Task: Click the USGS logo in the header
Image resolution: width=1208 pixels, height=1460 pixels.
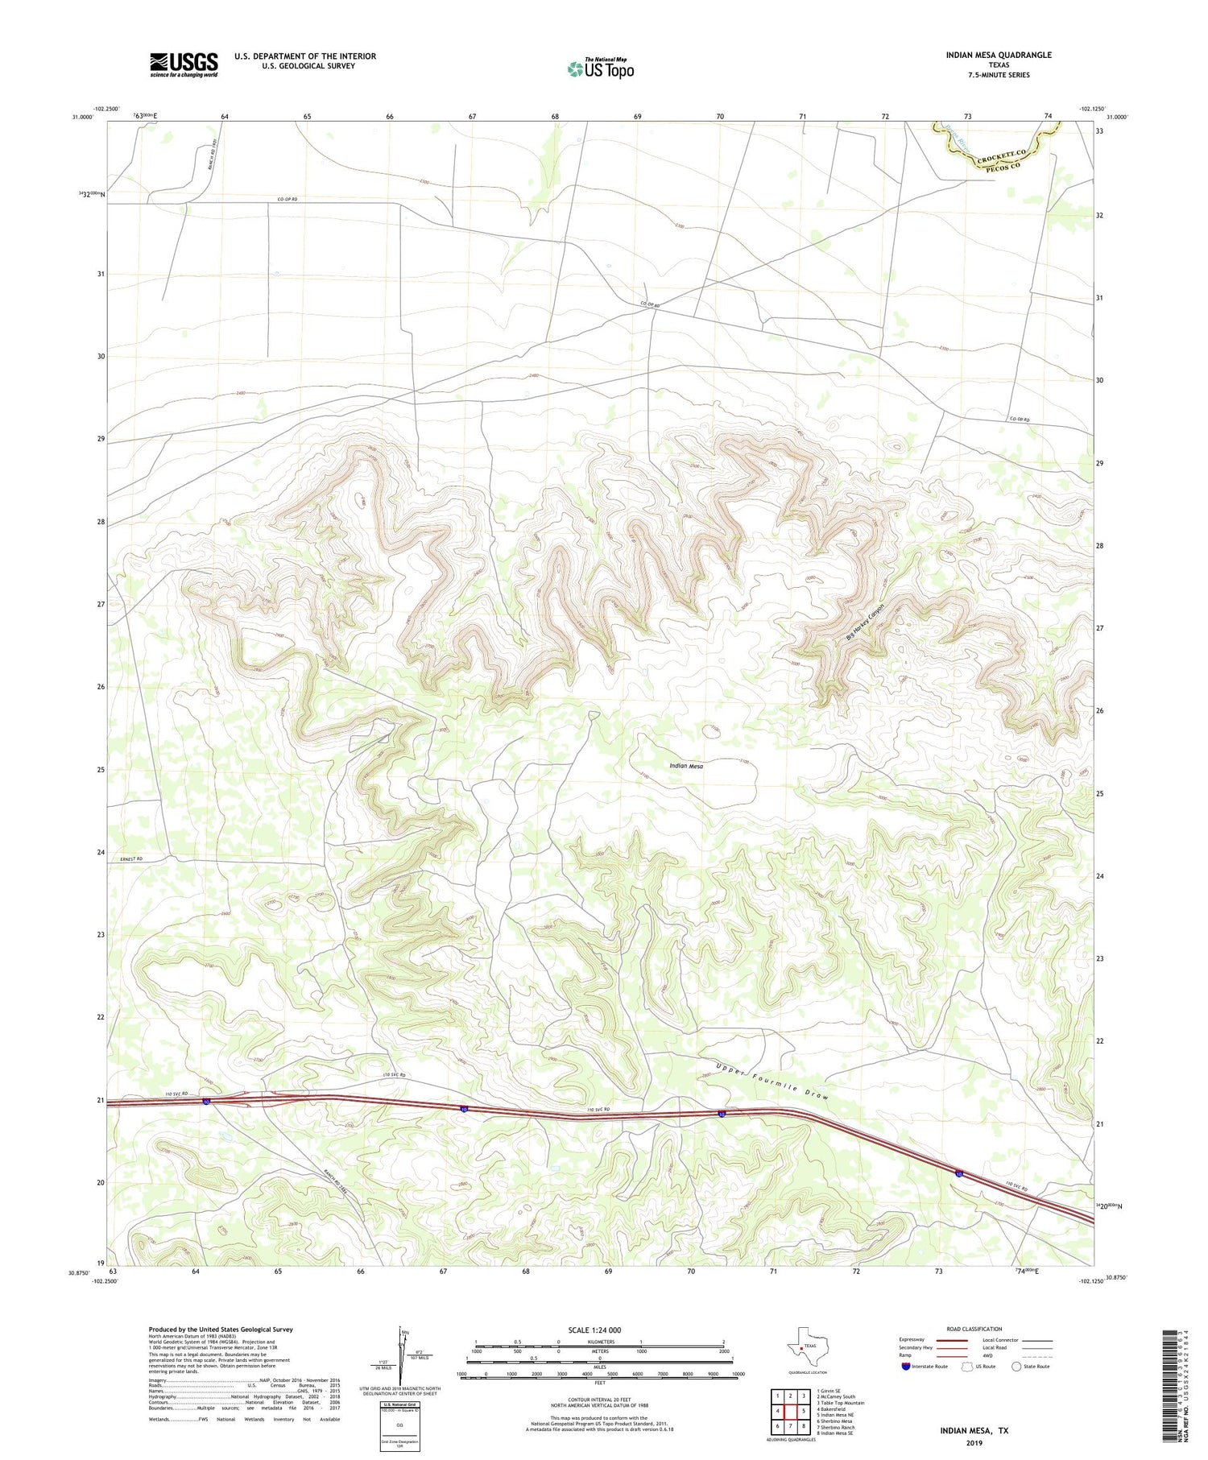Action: coord(183,64)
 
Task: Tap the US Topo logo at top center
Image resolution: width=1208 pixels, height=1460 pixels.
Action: coord(600,69)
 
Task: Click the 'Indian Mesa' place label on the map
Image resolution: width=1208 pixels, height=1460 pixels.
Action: coord(686,766)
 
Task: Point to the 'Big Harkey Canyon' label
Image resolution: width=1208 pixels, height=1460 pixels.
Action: coord(866,622)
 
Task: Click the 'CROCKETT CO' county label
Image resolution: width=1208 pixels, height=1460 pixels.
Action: coord(1003,153)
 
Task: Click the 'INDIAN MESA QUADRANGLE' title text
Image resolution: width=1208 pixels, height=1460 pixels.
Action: coord(999,55)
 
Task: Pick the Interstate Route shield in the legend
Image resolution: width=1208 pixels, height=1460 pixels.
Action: coord(906,1366)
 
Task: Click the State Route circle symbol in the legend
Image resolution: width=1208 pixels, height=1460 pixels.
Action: coord(1016,1366)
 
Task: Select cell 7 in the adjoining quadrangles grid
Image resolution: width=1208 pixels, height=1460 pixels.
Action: coord(790,1426)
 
